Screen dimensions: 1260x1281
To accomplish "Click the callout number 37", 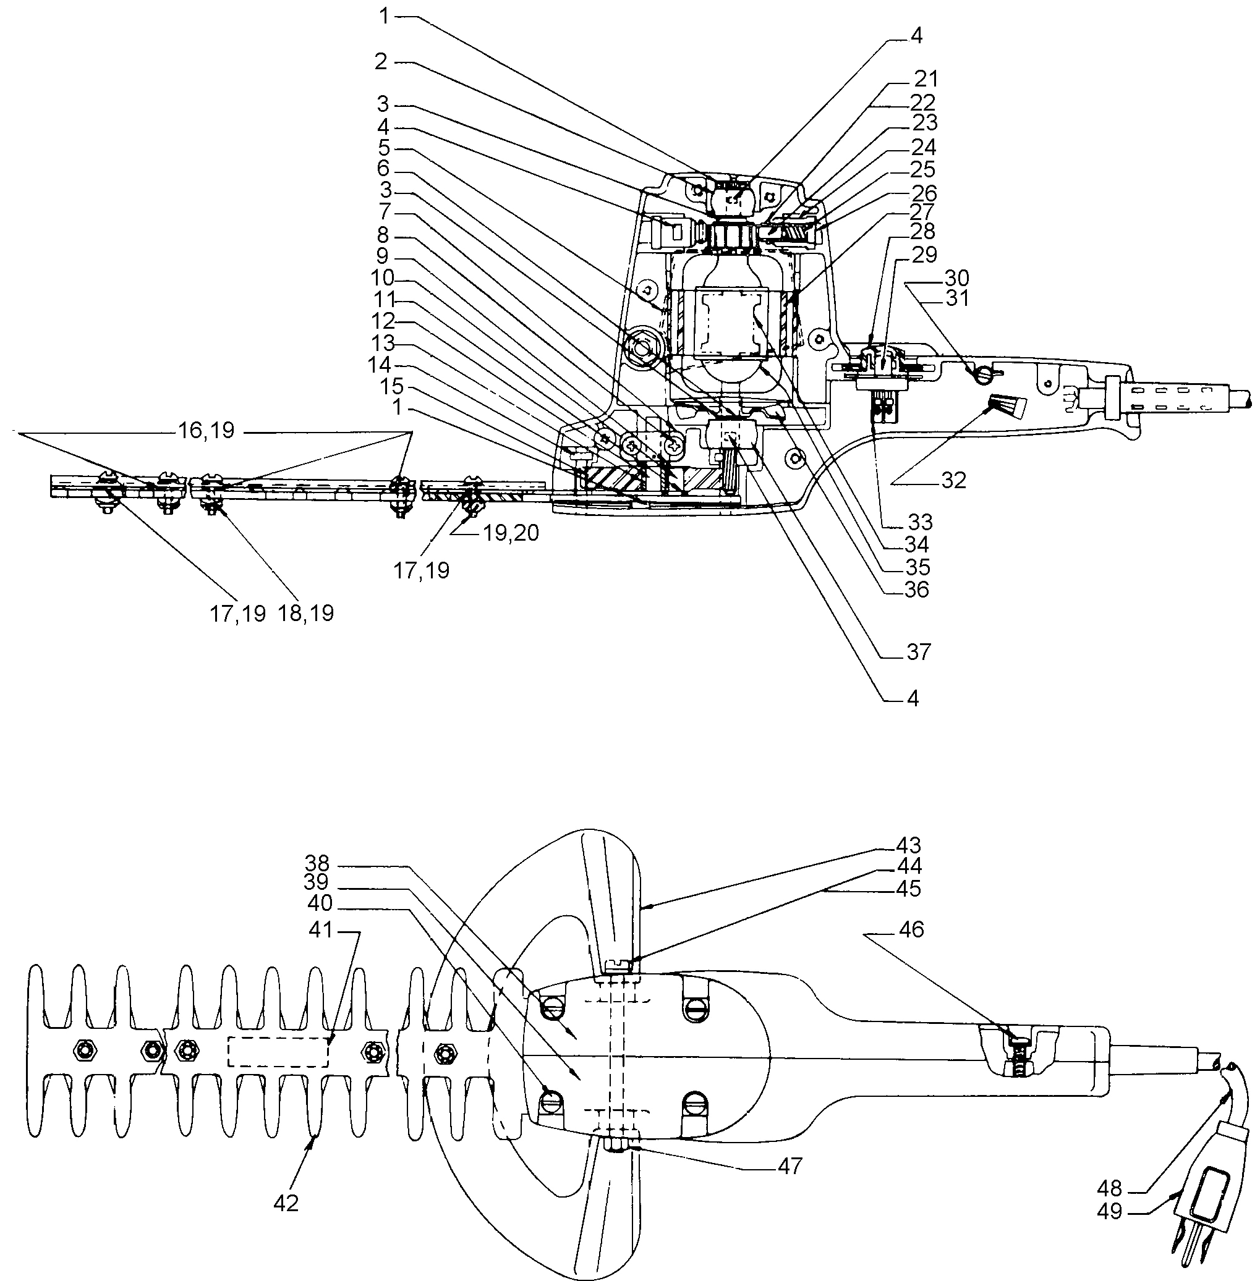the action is (919, 651).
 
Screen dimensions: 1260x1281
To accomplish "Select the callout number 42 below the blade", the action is (286, 1203).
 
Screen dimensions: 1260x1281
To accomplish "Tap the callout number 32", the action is (953, 481).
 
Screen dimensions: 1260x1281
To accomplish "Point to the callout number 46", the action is (911, 929).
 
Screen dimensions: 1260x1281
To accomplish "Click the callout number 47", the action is (790, 1165).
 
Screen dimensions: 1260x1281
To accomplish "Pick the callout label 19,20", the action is (510, 533).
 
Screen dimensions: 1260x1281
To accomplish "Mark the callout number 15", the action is (392, 386).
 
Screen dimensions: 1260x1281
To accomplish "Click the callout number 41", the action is (321, 929).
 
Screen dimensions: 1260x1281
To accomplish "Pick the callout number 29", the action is (924, 253).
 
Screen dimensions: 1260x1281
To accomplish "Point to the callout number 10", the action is (383, 277).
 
